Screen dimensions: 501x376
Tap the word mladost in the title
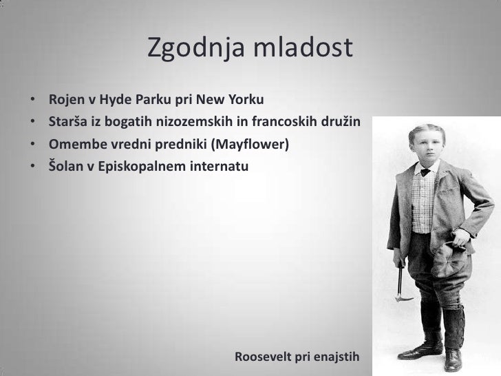(303, 47)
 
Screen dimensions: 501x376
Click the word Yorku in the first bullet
(246, 99)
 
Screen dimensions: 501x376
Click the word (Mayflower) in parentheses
(250, 145)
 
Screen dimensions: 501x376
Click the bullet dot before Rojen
(32, 99)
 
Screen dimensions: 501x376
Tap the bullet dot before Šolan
(32, 166)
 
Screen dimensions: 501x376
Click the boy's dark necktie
(425, 172)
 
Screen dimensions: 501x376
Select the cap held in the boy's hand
(447, 260)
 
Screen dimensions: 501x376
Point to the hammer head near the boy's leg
(404, 300)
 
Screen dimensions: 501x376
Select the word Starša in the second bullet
(67, 121)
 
